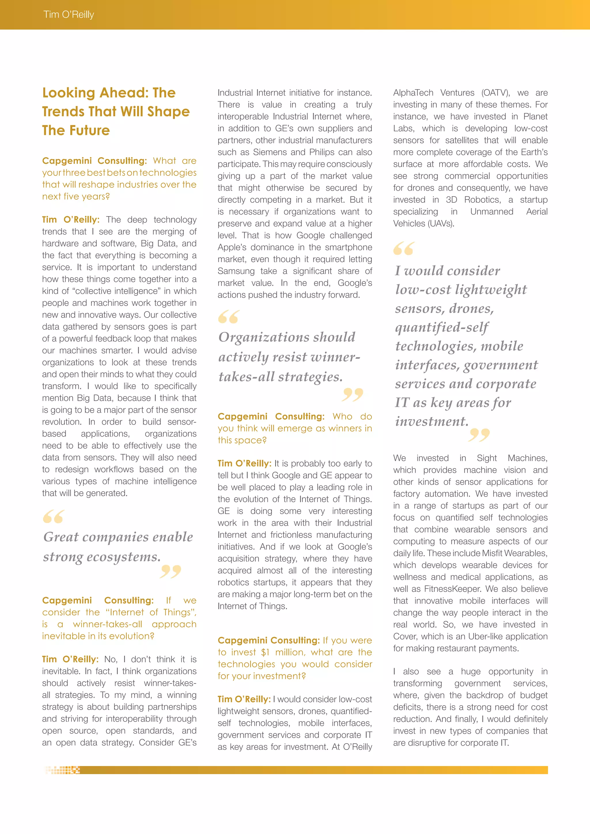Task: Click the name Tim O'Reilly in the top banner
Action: pos(69,14)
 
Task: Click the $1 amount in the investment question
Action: pos(266,652)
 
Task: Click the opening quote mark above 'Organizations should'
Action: pos(229,317)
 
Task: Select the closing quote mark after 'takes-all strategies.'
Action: pos(352,395)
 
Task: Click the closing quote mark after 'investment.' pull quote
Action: pos(479,435)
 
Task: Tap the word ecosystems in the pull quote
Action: pos(123,556)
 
